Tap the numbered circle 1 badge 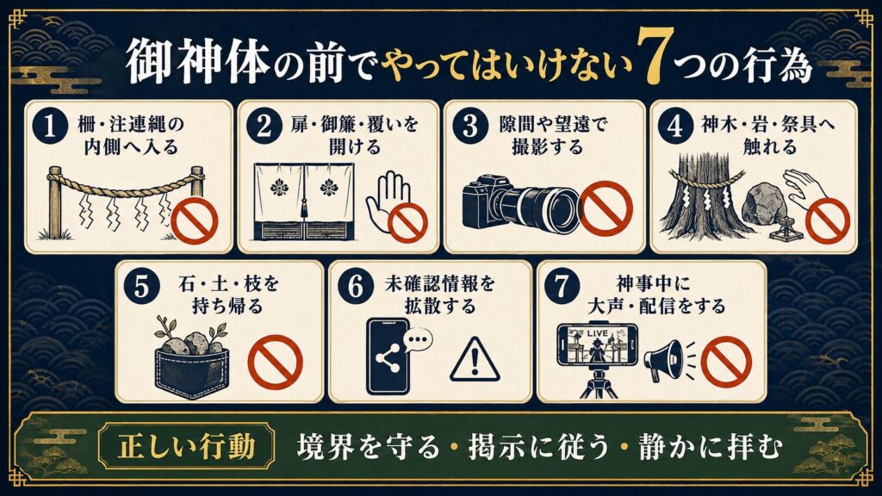[49, 127]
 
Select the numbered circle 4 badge [674, 127]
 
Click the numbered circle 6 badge [356, 286]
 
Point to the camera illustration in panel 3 [521, 204]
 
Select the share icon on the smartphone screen [387, 359]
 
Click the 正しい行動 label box [187, 448]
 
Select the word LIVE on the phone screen [598, 333]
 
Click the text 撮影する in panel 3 [547, 147]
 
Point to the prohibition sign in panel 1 [195, 223]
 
